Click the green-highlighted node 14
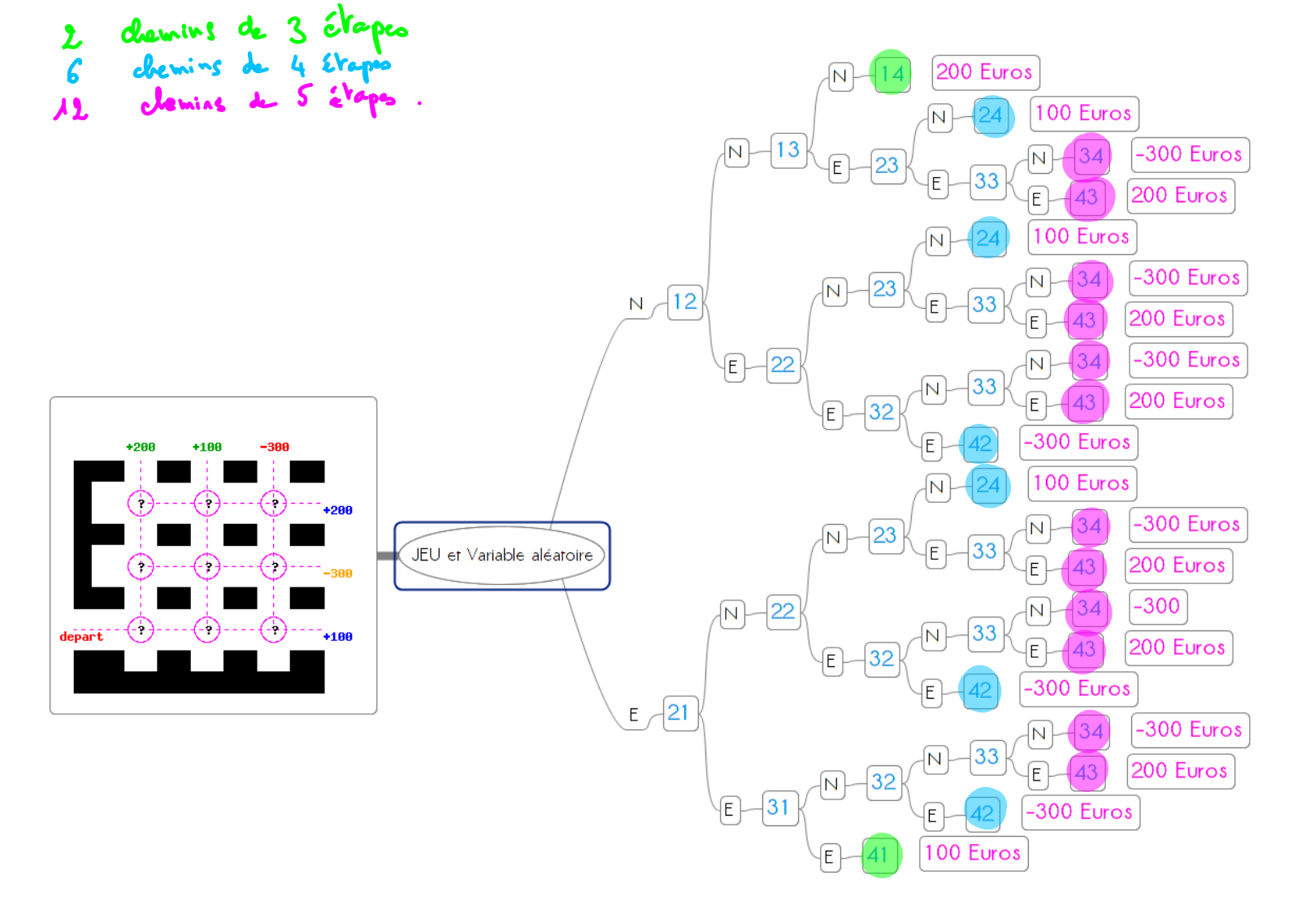point(891,74)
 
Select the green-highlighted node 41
point(878,855)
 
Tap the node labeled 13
point(787,150)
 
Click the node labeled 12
point(684,302)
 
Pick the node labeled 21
point(679,713)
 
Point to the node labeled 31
point(779,808)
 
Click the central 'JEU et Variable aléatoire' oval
point(501,556)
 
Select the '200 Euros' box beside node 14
point(984,72)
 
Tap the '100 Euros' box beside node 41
point(973,853)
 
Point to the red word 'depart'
point(81,637)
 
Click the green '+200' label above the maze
point(141,447)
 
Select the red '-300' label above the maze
point(275,447)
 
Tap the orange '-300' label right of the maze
point(338,574)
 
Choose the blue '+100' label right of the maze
point(338,637)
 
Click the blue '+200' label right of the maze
point(338,510)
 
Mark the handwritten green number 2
point(72,37)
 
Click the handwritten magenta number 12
point(71,107)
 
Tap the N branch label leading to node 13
point(735,152)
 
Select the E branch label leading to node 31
point(729,809)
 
